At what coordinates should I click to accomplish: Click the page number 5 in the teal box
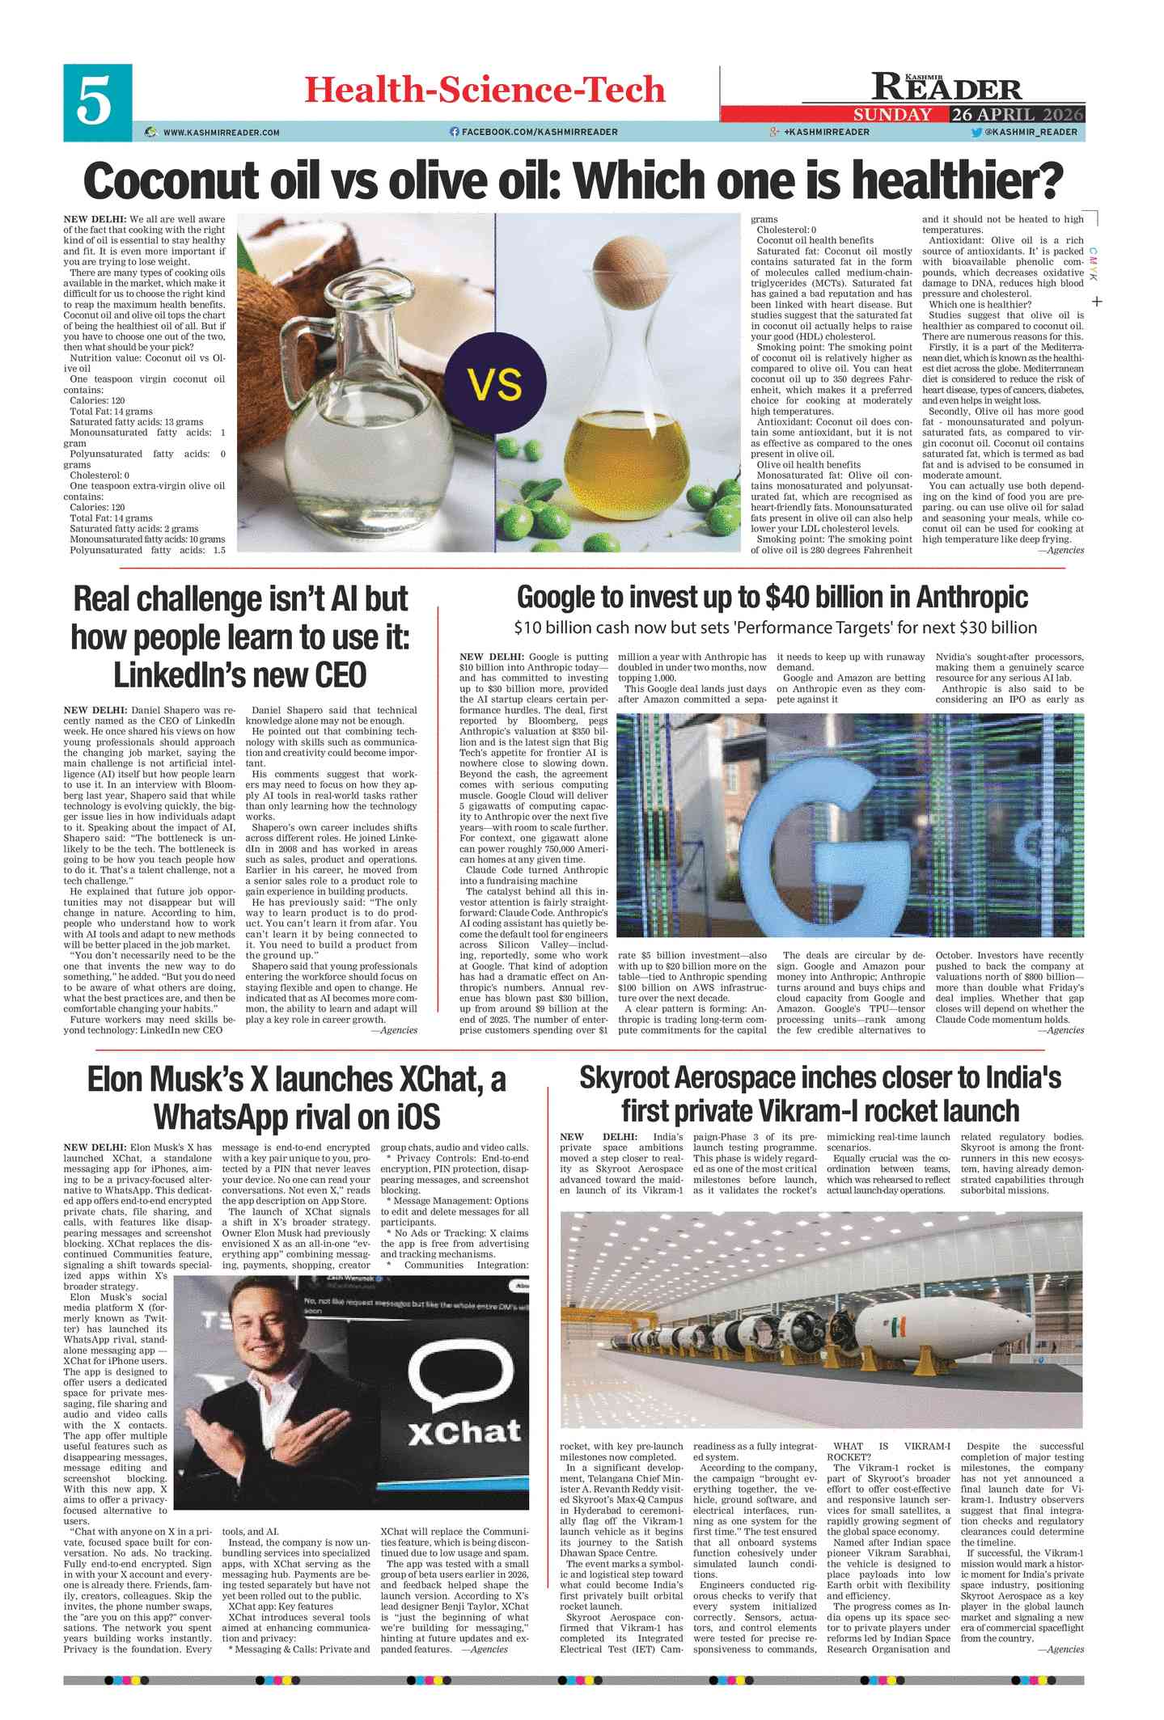click(x=95, y=103)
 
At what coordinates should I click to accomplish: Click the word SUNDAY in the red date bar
click(x=892, y=115)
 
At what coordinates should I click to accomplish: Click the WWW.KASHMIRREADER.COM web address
click(x=221, y=132)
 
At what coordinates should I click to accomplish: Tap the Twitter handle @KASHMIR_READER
click(x=1030, y=132)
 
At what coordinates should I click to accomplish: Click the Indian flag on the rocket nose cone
click(x=899, y=1327)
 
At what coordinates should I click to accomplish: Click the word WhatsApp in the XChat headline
click(x=225, y=1117)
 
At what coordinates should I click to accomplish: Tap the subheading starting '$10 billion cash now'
click(x=774, y=628)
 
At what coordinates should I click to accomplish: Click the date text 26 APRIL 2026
click(x=1017, y=115)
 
